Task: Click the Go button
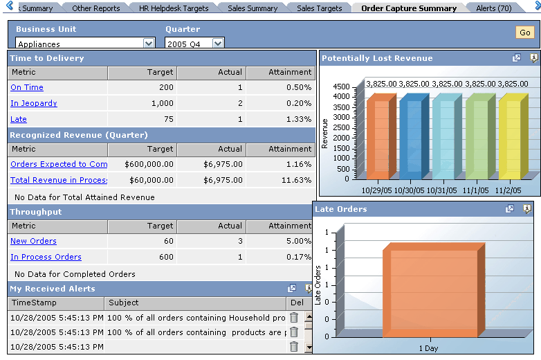[524, 33]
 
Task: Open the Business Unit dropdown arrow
[149, 44]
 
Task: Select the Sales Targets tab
[319, 8]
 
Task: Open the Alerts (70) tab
[493, 8]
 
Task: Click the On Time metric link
[27, 88]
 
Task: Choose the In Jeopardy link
[34, 104]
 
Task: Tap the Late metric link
[19, 120]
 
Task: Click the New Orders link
[33, 242]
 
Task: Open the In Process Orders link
[46, 258]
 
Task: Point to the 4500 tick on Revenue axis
[342, 87]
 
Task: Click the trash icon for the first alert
[294, 318]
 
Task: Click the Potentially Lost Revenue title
[377, 59]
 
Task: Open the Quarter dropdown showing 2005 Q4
[217, 44]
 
